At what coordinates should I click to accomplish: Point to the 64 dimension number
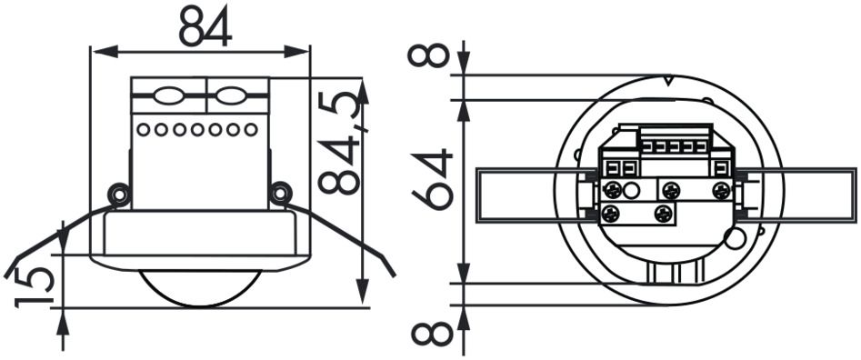click(431, 179)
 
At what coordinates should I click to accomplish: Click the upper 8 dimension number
click(430, 56)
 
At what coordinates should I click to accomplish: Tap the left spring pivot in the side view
click(116, 194)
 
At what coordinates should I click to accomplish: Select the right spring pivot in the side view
click(280, 193)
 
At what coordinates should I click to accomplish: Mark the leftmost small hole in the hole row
click(144, 129)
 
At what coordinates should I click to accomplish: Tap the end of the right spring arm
click(392, 272)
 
